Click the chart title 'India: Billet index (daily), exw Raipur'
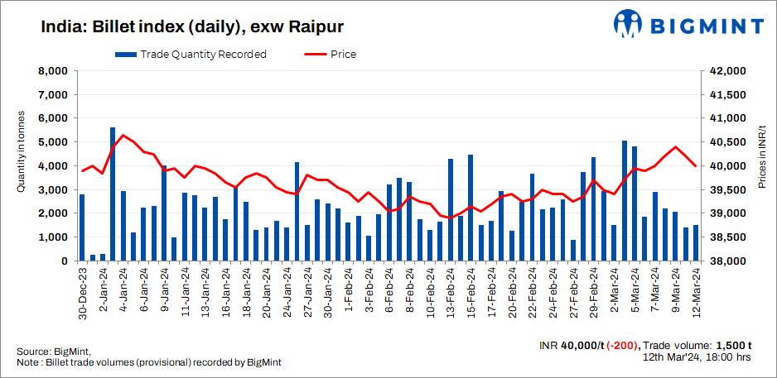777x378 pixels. pos(180,27)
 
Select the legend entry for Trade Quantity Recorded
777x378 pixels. pos(191,55)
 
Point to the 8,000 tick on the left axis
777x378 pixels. pos(52,71)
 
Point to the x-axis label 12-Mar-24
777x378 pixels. pos(697,294)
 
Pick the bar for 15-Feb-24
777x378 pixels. pos(471,208)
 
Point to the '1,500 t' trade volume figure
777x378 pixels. pos(732,346)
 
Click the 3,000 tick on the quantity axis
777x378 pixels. pos(52,190)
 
